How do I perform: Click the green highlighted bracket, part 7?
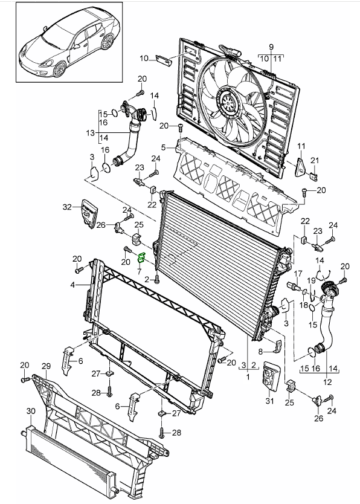pos(141,258)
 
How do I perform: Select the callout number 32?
pos(67,207)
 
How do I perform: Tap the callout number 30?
pos(31,411)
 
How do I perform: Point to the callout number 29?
pos(47,366)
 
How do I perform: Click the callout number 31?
pos(270,401)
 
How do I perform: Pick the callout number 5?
pos(164,147)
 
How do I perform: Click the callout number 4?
pos(73,285)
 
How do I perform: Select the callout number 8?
pos(260,352)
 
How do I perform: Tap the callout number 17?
pos(298,274)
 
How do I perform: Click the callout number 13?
pos(91,133)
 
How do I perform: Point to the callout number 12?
pos(327,382)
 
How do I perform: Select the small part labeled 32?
pos(88,213)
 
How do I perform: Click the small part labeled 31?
pos(270,376)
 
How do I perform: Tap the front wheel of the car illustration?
pos(60,69)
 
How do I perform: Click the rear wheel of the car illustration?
pos(108,42)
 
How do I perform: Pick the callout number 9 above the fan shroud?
pos(271,47)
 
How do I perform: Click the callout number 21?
pos(315,160)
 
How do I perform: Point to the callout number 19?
pos(311,280)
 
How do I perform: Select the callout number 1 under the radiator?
pos(248,376)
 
